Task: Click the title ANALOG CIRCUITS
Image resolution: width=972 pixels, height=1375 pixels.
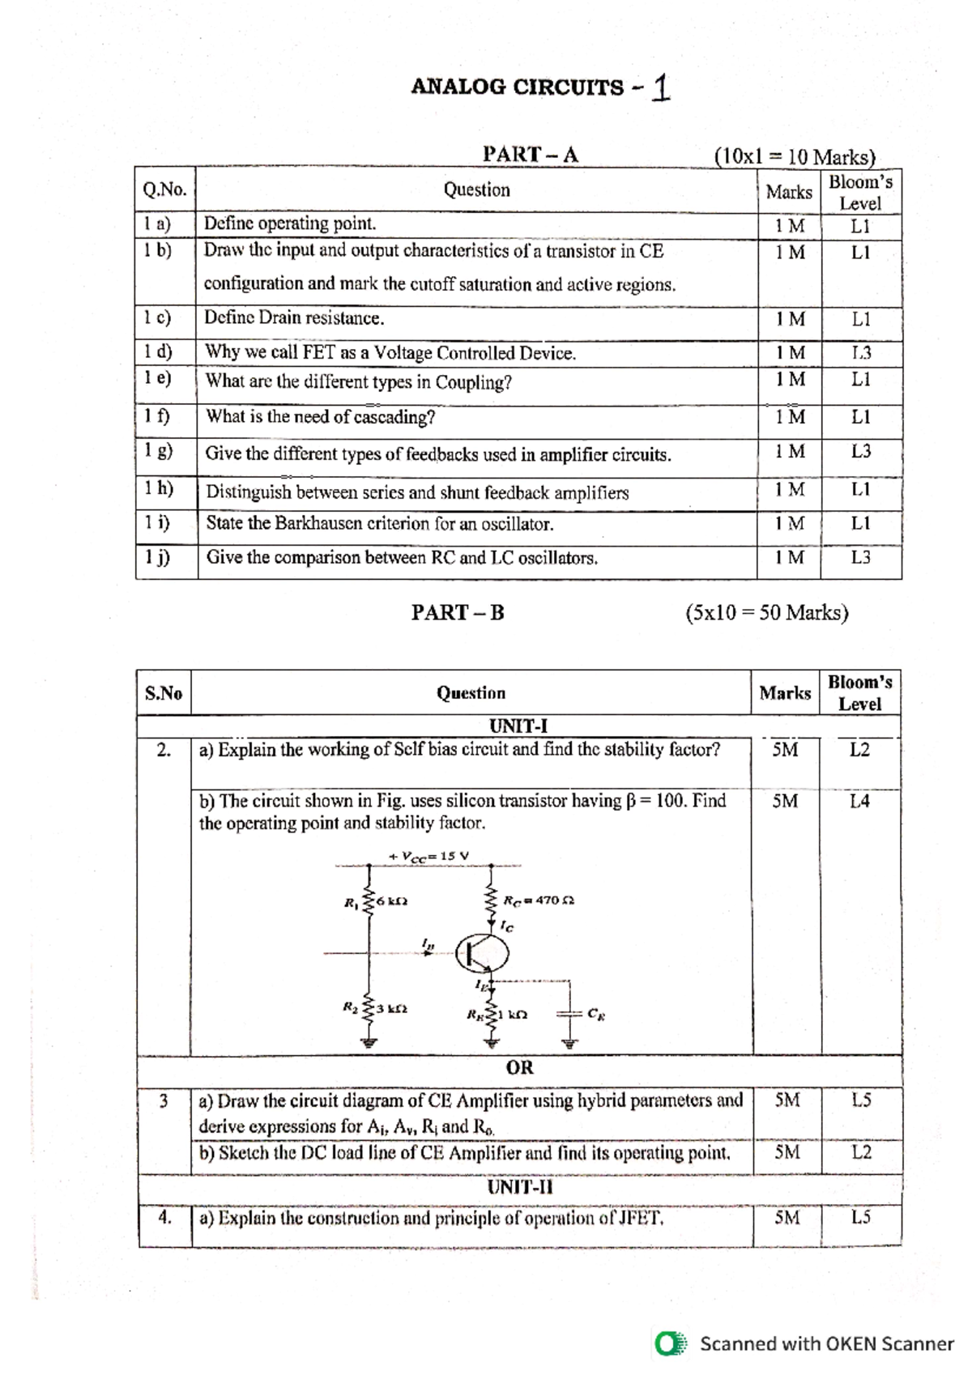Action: (518, 87)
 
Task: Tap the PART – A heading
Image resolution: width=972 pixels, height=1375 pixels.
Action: (530, 154)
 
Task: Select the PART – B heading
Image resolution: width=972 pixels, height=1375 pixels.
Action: (457, 612)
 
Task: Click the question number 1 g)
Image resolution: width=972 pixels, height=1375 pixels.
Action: (158, 450)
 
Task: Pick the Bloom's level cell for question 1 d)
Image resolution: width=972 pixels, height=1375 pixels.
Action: (860, 352)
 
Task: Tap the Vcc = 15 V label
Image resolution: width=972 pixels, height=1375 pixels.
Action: (428, 856)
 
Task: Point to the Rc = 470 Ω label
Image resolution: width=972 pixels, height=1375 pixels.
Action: (539, 900)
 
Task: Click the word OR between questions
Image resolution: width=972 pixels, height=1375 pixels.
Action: (519, 1067)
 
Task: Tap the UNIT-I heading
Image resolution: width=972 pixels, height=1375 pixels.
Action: (518, 726)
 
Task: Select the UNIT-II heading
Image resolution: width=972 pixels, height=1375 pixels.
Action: (519, 1187)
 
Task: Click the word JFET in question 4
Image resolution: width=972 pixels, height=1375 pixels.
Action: (640, 1218)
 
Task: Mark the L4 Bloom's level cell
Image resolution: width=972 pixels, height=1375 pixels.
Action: (859, 801)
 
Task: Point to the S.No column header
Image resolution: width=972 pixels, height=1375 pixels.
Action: (164, 693)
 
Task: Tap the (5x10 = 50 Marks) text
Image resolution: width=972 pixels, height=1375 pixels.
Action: (766, 612)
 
